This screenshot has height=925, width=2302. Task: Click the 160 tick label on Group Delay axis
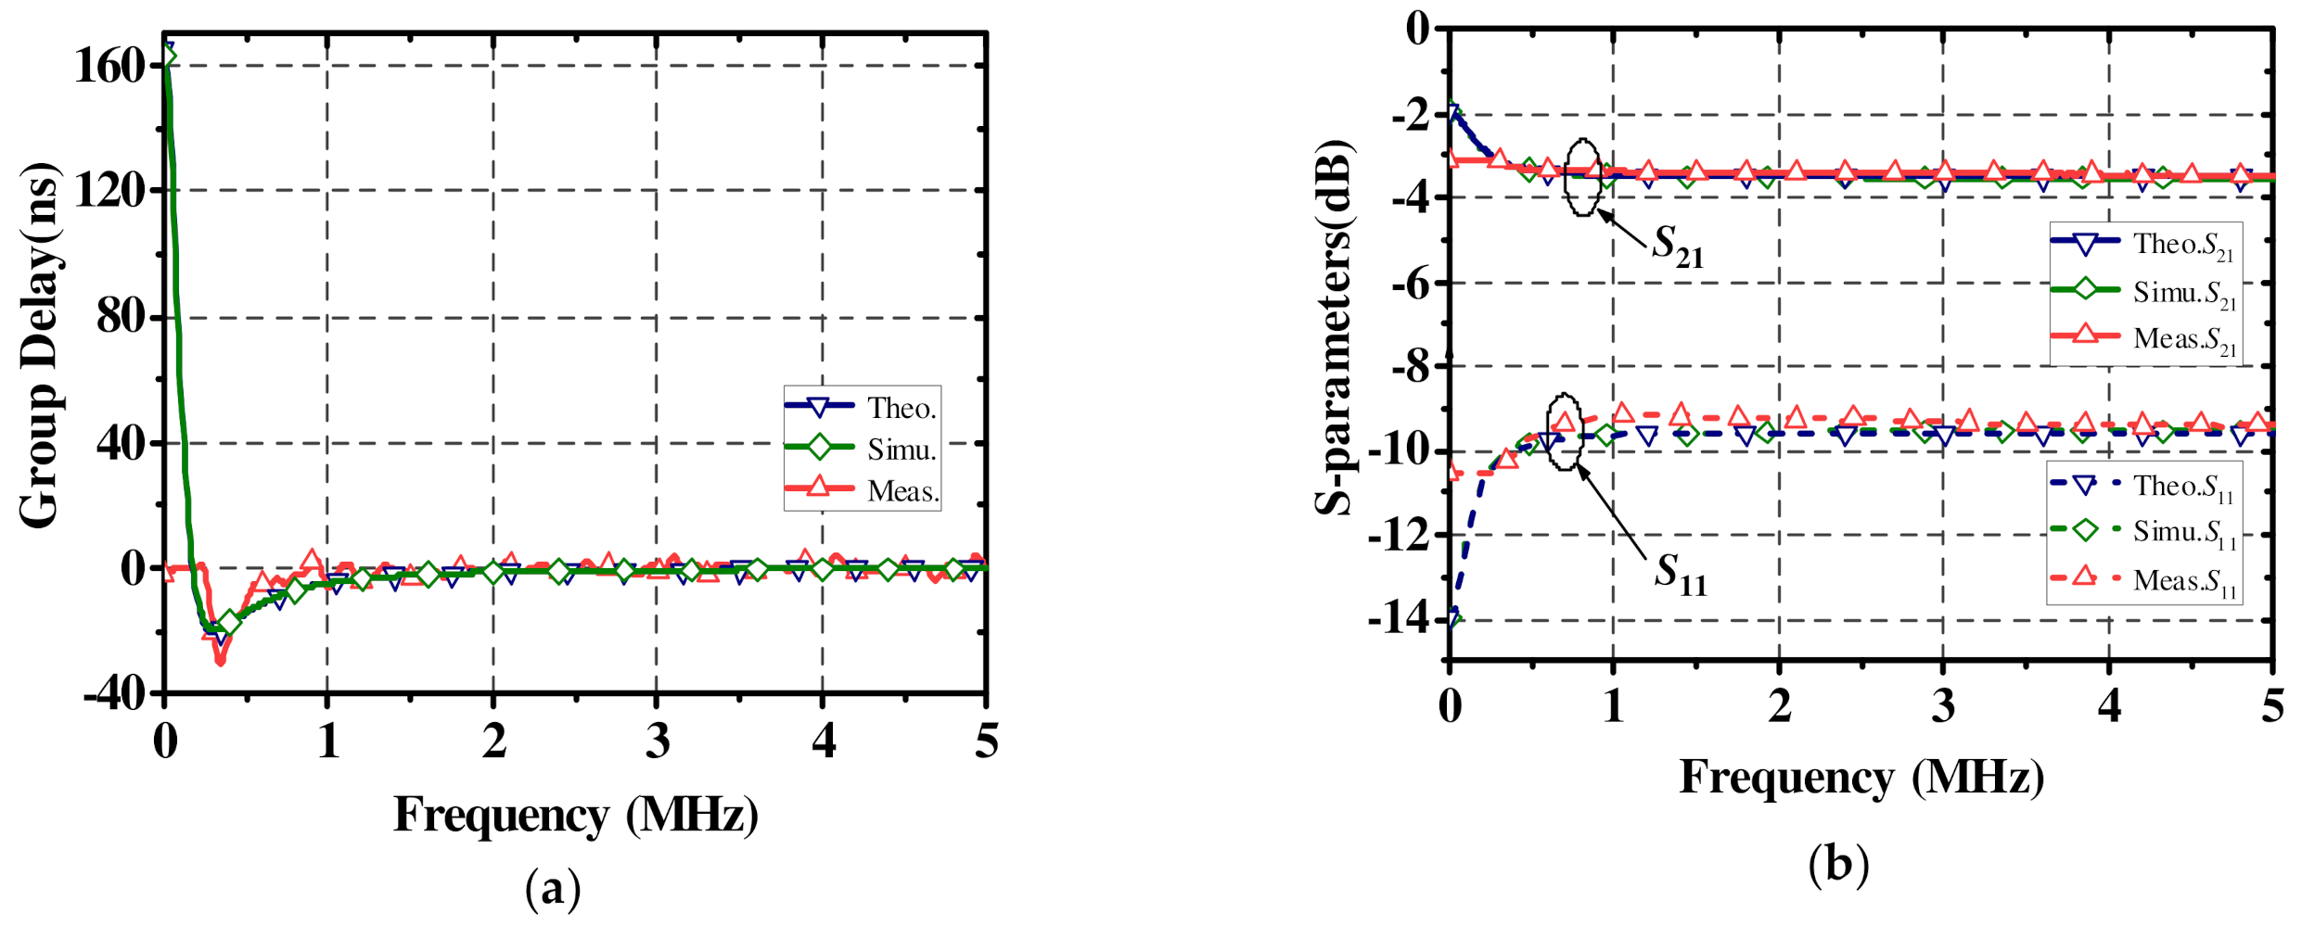[109, 66]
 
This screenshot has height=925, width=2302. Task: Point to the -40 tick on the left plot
[114, 693]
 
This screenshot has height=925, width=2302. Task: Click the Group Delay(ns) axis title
[39, 345]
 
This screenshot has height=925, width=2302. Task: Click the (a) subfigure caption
[553, 888]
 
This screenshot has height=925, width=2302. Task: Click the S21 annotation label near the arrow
[1677, 246]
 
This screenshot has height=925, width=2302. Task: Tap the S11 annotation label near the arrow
[1680, 574]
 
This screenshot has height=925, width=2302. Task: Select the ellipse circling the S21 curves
[1582, 177]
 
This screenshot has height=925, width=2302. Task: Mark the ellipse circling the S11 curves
[1564, 431]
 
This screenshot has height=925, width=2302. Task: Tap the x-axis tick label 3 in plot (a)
[658, 741]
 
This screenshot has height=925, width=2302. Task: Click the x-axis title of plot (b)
[1861, 777]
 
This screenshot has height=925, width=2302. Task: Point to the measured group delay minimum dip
[220, 659]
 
